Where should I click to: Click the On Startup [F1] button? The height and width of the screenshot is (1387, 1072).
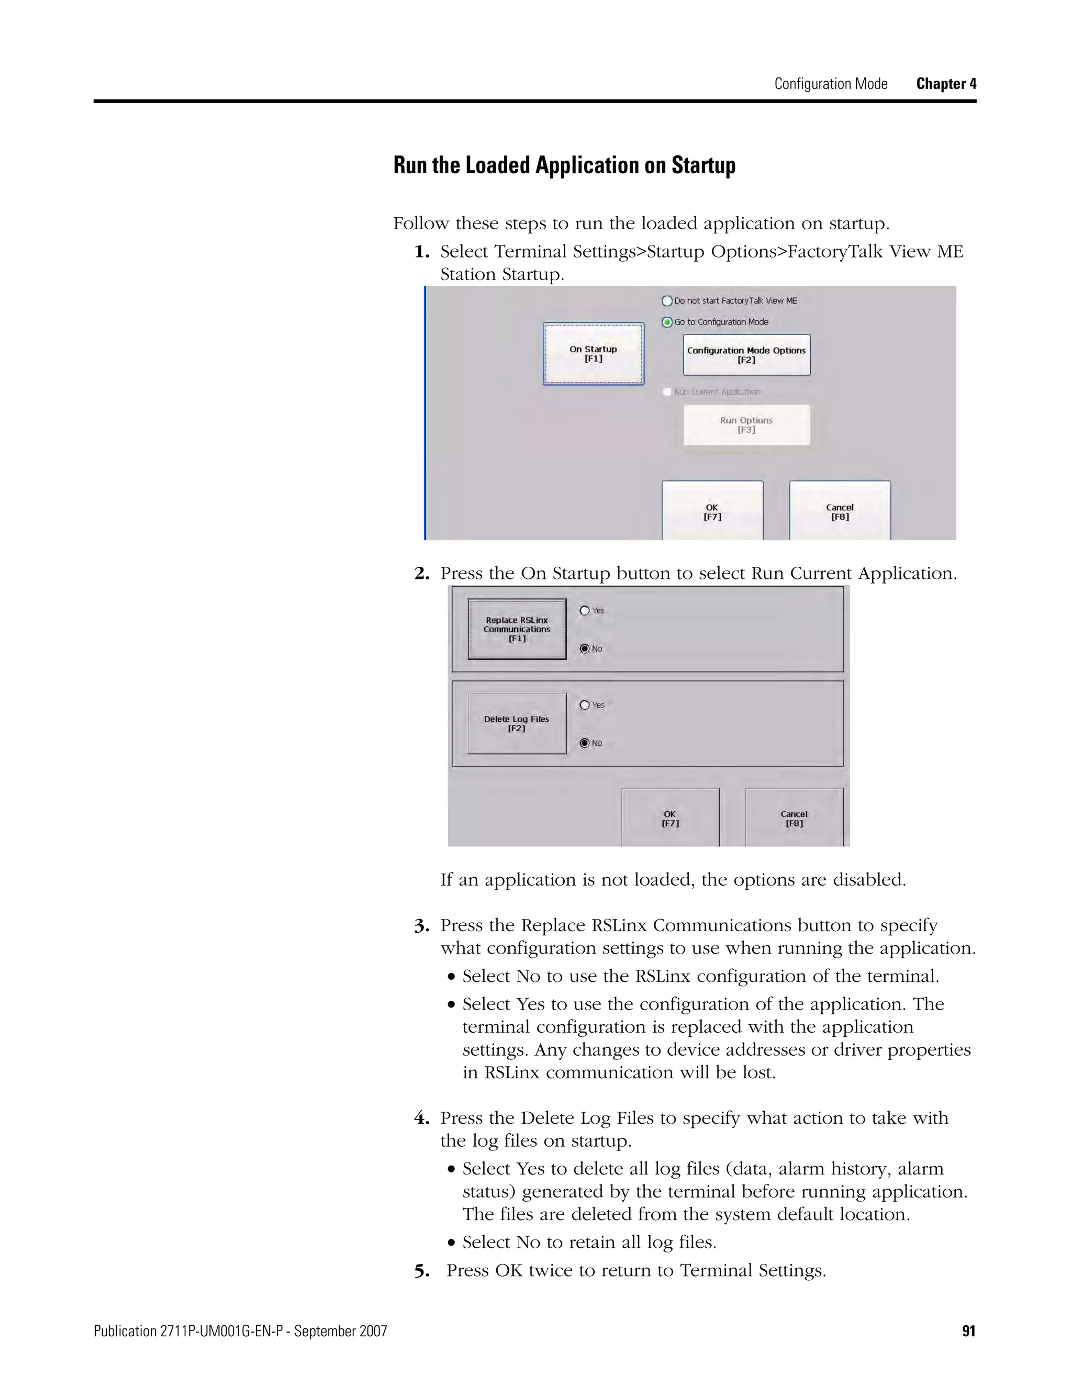click(x=593, y=354)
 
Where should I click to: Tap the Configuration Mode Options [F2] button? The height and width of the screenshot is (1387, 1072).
click(x=746, y=355)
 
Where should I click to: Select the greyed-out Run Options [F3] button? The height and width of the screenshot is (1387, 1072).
click(x=746, y=425)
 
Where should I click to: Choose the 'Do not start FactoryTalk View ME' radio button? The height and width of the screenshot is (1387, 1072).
click(x=667, y=301)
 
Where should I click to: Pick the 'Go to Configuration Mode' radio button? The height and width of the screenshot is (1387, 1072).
click(x=667, y=322)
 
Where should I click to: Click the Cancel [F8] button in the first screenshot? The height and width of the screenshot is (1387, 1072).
click(x=840, y=511)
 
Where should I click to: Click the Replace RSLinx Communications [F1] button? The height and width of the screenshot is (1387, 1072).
click(x=517, y=629)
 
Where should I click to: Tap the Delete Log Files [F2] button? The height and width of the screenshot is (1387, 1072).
click(x=517, y=723)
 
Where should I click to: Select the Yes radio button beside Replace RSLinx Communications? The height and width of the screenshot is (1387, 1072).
click(x=585, y=611)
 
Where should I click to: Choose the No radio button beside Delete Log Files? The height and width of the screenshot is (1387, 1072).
click(x=585, y=743)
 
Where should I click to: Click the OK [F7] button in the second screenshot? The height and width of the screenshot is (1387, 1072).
click(x=670, y=818)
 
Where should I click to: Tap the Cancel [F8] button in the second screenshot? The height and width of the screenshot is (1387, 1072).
click(x=794, y=818)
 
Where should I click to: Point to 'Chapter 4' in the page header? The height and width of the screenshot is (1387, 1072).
click(x=946, y=84)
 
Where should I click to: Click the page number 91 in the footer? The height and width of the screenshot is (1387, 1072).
click(x=968, y=1331)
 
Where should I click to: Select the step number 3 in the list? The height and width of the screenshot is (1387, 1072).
click(x=422, y=926)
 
